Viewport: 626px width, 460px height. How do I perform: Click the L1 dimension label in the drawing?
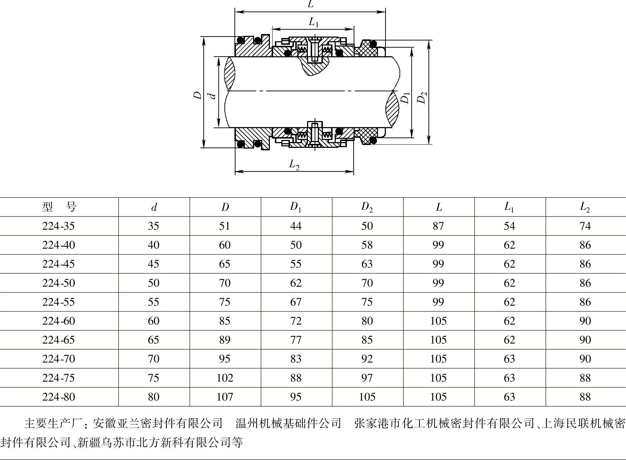[314, 23]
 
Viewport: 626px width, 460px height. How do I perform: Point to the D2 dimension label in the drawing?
[422, 97]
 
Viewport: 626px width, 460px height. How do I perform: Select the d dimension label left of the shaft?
[212, 96]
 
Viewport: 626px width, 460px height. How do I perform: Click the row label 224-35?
[59, 226]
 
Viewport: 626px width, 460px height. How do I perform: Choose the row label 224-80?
[59, 397]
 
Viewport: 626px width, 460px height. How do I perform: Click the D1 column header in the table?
[296, 207]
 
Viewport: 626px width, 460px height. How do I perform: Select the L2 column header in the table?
[585, 207]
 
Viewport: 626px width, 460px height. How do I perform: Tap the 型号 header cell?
[59, 207]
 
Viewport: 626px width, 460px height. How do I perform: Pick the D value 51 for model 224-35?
[224, 226]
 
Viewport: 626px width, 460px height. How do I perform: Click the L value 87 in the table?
[438, 226]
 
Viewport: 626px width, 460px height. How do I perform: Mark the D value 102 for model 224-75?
[224, 378]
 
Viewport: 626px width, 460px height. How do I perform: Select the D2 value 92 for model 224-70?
[367, 359]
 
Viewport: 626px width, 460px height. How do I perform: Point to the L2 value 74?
[585, 226]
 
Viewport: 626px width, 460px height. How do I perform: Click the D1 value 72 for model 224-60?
[296, 321]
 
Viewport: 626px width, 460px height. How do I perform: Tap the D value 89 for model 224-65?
[224, 340]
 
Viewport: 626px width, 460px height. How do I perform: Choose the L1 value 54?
[509, 226]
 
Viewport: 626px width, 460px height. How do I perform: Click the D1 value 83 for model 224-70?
[296, 359]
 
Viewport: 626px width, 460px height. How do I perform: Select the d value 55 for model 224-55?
[154, 302]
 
